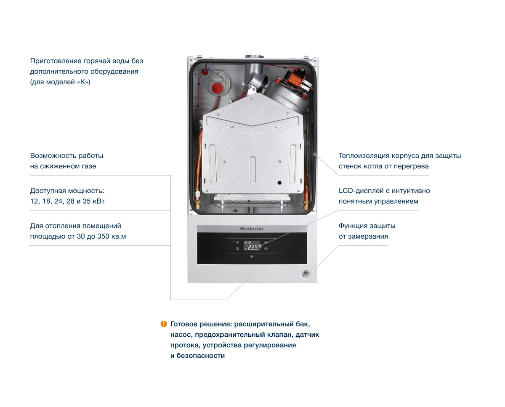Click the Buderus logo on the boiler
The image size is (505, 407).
click(251, 229)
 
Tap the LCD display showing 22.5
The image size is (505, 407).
click(252, 246)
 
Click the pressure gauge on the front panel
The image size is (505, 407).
click(305, 274)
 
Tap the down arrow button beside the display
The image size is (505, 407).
click(266, 249)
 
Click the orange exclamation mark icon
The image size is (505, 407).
click(164, 324)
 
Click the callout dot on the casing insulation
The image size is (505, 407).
click(314, 154)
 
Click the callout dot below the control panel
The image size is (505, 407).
click(252, 274)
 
